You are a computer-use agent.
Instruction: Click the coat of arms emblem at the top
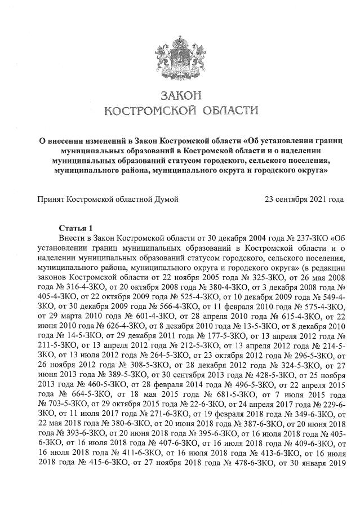180,50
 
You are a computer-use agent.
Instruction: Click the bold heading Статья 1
75,228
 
